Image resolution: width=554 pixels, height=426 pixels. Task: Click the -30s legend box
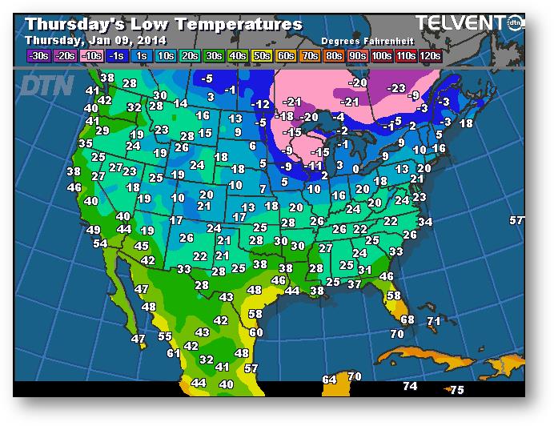pos(37,56)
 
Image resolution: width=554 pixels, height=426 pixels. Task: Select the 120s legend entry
pos(430,56)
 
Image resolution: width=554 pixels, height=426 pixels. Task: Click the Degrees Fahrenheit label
pos(361,40)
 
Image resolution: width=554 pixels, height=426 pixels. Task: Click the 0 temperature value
pos(355,169)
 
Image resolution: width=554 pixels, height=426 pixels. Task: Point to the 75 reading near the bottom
pos(456,390)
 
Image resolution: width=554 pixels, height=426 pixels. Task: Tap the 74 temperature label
pos(410,386)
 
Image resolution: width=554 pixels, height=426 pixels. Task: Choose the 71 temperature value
pos(434,321)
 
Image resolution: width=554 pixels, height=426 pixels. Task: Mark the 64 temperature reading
pos(329,380)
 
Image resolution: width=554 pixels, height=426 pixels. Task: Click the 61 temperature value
pos(174,353)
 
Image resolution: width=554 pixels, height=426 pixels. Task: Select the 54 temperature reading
pos(100,243)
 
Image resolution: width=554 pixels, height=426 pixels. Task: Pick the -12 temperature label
pos(260,105)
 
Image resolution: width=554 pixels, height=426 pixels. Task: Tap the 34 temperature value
pos(425,222)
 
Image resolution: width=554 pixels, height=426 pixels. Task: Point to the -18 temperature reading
pos(284,116)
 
